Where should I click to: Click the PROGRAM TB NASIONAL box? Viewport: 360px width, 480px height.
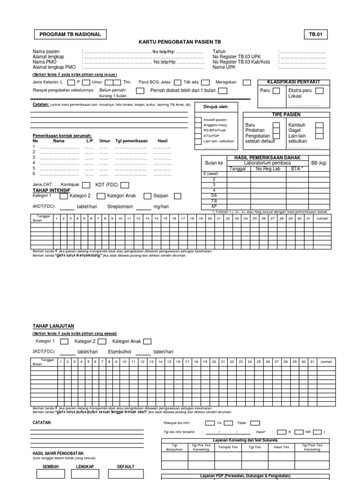coord(70,35)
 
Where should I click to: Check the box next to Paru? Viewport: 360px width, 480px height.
coord(277,90)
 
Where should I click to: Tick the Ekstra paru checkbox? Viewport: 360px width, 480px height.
coord(319,90)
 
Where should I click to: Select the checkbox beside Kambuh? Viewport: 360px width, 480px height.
coord(319,125)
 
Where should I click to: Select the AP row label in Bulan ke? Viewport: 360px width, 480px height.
coord(214,206)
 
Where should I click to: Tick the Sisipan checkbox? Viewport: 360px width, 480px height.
coord(147,196)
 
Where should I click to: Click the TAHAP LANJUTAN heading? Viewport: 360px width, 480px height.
coord(53,326)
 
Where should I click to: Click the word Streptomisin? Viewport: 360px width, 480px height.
coord(120,206)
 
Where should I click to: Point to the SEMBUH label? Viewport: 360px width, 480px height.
coord(51,467)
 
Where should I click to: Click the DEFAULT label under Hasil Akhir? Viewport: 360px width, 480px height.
coord(126,467)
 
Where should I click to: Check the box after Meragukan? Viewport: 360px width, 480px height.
coord(247,82)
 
